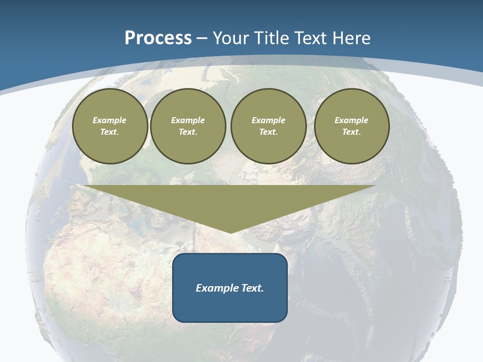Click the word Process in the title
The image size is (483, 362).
[x=158, y=38]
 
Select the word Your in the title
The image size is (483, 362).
[x=230, y=38]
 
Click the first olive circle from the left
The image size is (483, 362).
[x=110, y=126]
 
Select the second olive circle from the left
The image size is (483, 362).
[x=188, y=126]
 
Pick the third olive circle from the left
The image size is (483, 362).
[x=268, y=126]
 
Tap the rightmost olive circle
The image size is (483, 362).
[x=351, y=126]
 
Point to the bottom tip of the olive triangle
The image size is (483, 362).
[x=230, y=232]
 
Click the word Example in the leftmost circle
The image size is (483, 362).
[x=110, y=120]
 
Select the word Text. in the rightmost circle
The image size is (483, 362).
[x=351, y=132]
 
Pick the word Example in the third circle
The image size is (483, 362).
[x=268, y=120]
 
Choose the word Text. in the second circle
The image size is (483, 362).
[x=188, y=132]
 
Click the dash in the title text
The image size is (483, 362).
[x=202, y=39]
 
